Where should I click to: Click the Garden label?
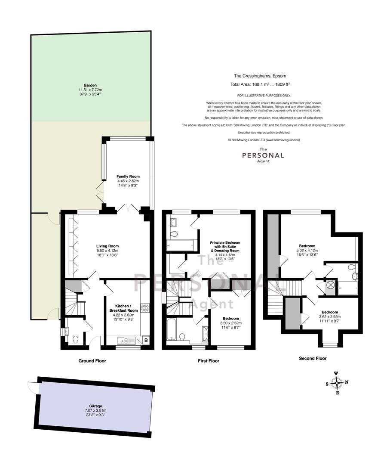(x=90, y=85)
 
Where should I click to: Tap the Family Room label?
(x=128, y=177)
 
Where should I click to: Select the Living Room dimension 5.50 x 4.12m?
(x=107, y=250)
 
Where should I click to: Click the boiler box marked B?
(x=146, y=341)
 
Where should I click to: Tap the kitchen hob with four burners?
(x=145, y=308)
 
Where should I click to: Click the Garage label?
(x=95, y=406)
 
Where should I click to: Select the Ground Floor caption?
(x=92, y=361)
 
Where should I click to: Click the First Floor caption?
(x=209, y=361)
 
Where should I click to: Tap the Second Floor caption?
(x=313, y=358)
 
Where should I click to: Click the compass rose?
(x=337, y=383)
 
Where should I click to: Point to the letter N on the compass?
(x=347, y=382)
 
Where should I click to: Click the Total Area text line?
(x=260, y=84)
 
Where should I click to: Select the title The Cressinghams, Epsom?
(x=260, y=76)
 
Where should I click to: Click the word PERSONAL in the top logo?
(x=263, y=155)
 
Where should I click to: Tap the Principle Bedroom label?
(x=225, y=242)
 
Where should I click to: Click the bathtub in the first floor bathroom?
(x=171, y=329)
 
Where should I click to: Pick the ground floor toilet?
(x=75, y=339)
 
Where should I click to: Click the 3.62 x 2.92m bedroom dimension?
(x=330, y=316)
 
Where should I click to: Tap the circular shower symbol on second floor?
(x=331, y=285)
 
